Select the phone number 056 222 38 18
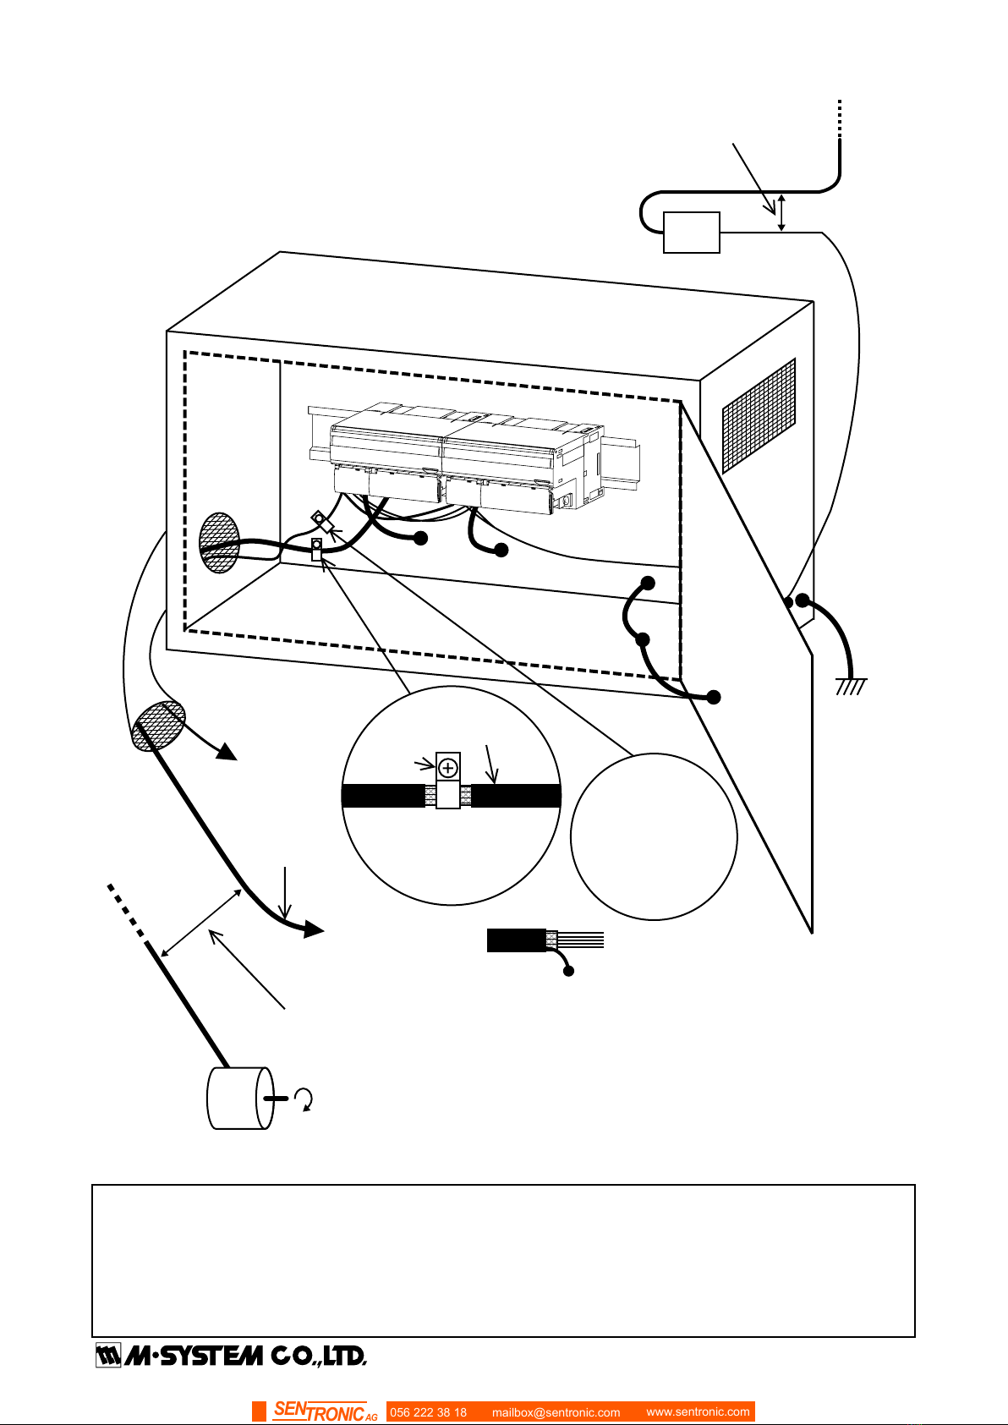[x=428, y=1412]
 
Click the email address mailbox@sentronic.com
[x=556, y=1412]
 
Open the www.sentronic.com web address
[x=698, y=1411]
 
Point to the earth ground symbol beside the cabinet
[x=851, y=687]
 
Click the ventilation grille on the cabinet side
[x=759, y=416]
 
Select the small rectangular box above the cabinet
[x=691, y=233]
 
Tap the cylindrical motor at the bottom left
[x=240, y=1099]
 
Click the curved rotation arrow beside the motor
[x=305, y=1099]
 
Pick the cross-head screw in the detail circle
[x=447, y=768]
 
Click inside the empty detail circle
[x=654, y=836]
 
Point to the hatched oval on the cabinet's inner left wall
[x=219, y=543]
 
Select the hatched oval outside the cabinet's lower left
[x=158, y=726]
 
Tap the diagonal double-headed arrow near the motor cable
[x=200, y=923]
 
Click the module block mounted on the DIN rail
[x=467, y=458]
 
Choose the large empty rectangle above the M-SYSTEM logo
[x=503, y=1260]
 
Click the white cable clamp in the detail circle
[x=447, y=781]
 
